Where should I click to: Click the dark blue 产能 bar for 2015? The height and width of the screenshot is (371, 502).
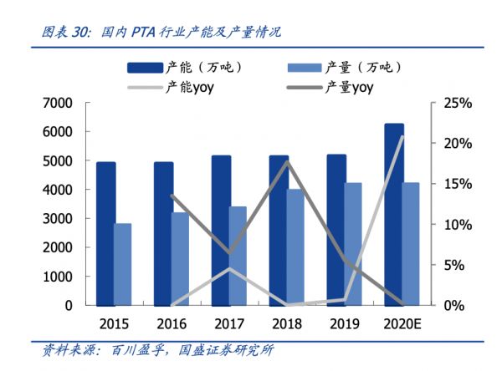[105, 233]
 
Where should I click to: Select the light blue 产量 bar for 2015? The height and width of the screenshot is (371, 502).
[122, 264]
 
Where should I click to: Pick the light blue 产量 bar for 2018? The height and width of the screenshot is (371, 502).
[296, 246]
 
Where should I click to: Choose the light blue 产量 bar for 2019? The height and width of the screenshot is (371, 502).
[353, 243]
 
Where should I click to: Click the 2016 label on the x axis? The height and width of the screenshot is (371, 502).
[171, 323]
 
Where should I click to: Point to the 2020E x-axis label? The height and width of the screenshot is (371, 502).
[402, 323]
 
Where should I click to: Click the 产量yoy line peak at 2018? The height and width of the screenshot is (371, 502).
[287, 161]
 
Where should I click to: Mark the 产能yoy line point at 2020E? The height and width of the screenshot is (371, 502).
[402, 136]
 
